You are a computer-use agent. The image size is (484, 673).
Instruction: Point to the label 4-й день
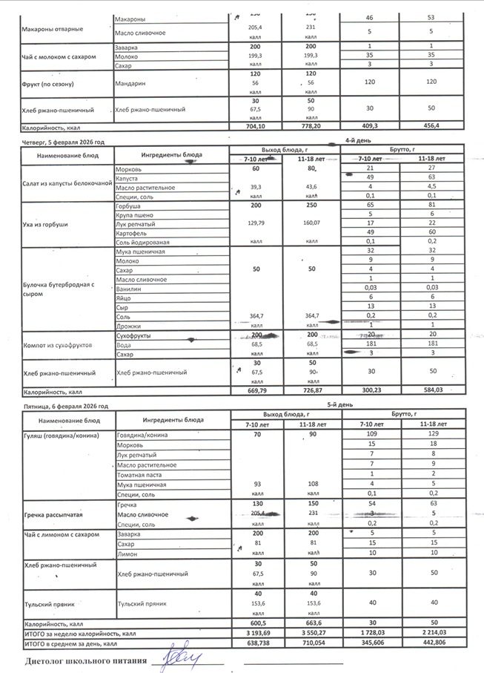(x=362, y=140)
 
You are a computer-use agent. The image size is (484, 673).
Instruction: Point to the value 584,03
(x=432, y=390)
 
